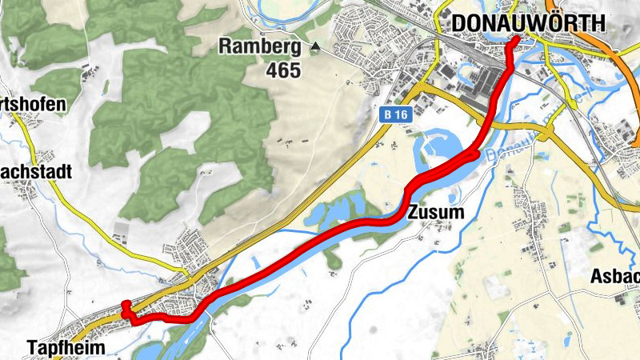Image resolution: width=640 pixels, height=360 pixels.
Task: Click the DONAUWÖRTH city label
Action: coord(526,25)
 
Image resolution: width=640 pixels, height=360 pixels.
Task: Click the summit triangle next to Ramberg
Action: coord(315,47)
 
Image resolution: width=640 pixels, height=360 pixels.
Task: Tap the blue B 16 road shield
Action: coord(392,115)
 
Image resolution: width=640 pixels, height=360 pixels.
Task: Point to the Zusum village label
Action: coord(435,213)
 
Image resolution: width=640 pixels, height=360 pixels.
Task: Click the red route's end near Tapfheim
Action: coord(125,304)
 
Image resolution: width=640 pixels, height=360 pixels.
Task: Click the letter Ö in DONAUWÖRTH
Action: coord(560,25)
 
